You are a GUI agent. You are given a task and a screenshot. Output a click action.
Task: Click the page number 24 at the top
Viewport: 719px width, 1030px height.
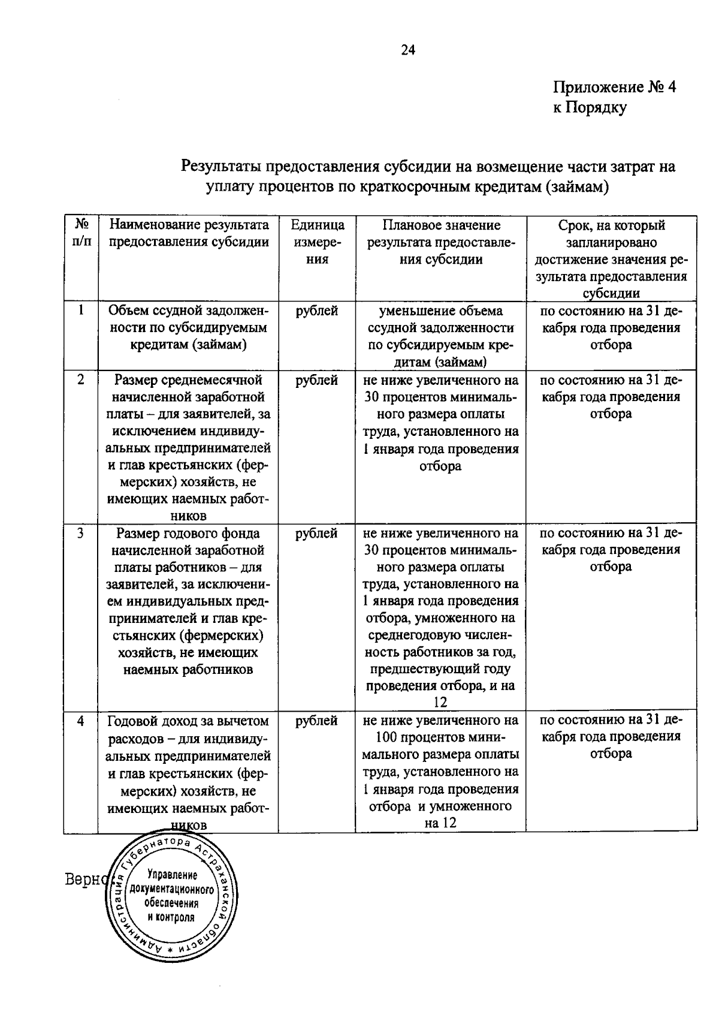click(407, 50)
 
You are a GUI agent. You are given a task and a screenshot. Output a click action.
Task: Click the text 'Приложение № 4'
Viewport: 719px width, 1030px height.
click(614, 88)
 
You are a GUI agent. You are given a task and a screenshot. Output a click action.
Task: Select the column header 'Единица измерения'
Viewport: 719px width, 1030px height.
click(317, 242)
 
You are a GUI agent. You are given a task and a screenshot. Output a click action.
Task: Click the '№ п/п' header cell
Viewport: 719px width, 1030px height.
click(81, 234)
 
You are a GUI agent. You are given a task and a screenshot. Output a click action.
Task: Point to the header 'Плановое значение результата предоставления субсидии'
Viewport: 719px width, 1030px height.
click(441, 242)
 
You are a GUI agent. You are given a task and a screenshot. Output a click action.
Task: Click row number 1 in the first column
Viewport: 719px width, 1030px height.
click(80, 311)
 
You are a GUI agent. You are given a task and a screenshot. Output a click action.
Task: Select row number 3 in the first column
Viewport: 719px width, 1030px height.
click(80, 533)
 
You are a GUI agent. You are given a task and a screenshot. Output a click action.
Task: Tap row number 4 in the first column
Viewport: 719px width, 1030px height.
click(80, 721)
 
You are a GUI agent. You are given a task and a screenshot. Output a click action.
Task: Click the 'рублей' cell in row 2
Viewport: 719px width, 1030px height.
click(317, 380)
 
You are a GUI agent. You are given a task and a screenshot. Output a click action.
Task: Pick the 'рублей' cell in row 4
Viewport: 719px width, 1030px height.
click(317, 721)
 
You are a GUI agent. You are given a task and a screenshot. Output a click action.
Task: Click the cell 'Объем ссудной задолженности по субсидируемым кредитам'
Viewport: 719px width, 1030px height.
click(189, 327)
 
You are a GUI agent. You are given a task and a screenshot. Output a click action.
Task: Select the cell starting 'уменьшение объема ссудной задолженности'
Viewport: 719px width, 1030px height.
click(441, 336)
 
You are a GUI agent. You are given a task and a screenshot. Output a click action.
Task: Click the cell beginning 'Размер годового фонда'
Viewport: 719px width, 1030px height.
click(189, 601)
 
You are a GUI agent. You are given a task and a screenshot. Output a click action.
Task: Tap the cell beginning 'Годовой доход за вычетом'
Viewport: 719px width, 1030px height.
click(189, 772)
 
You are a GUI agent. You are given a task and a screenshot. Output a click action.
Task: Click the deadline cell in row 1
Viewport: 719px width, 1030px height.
click(611, 327)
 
